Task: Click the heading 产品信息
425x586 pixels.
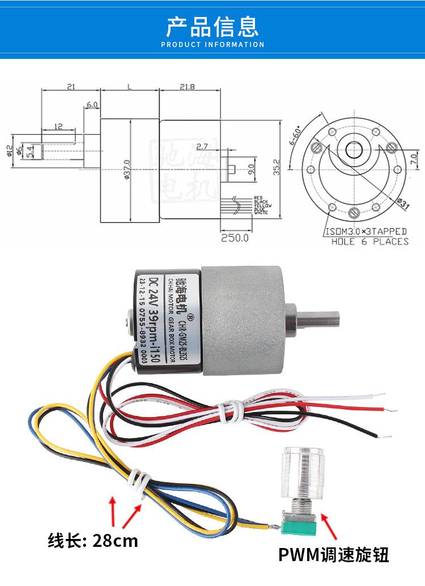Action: [212, 26]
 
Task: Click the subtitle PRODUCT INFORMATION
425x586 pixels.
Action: [212, 44]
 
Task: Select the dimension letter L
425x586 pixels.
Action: [129, 87]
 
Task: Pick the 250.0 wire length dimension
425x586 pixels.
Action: [235, 238]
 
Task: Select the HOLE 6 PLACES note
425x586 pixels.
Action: [369, 242]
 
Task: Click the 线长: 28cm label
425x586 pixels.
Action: [92, 540]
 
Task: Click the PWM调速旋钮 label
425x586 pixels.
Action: [334, 554]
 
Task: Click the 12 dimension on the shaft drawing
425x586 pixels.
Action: [58, 126]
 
